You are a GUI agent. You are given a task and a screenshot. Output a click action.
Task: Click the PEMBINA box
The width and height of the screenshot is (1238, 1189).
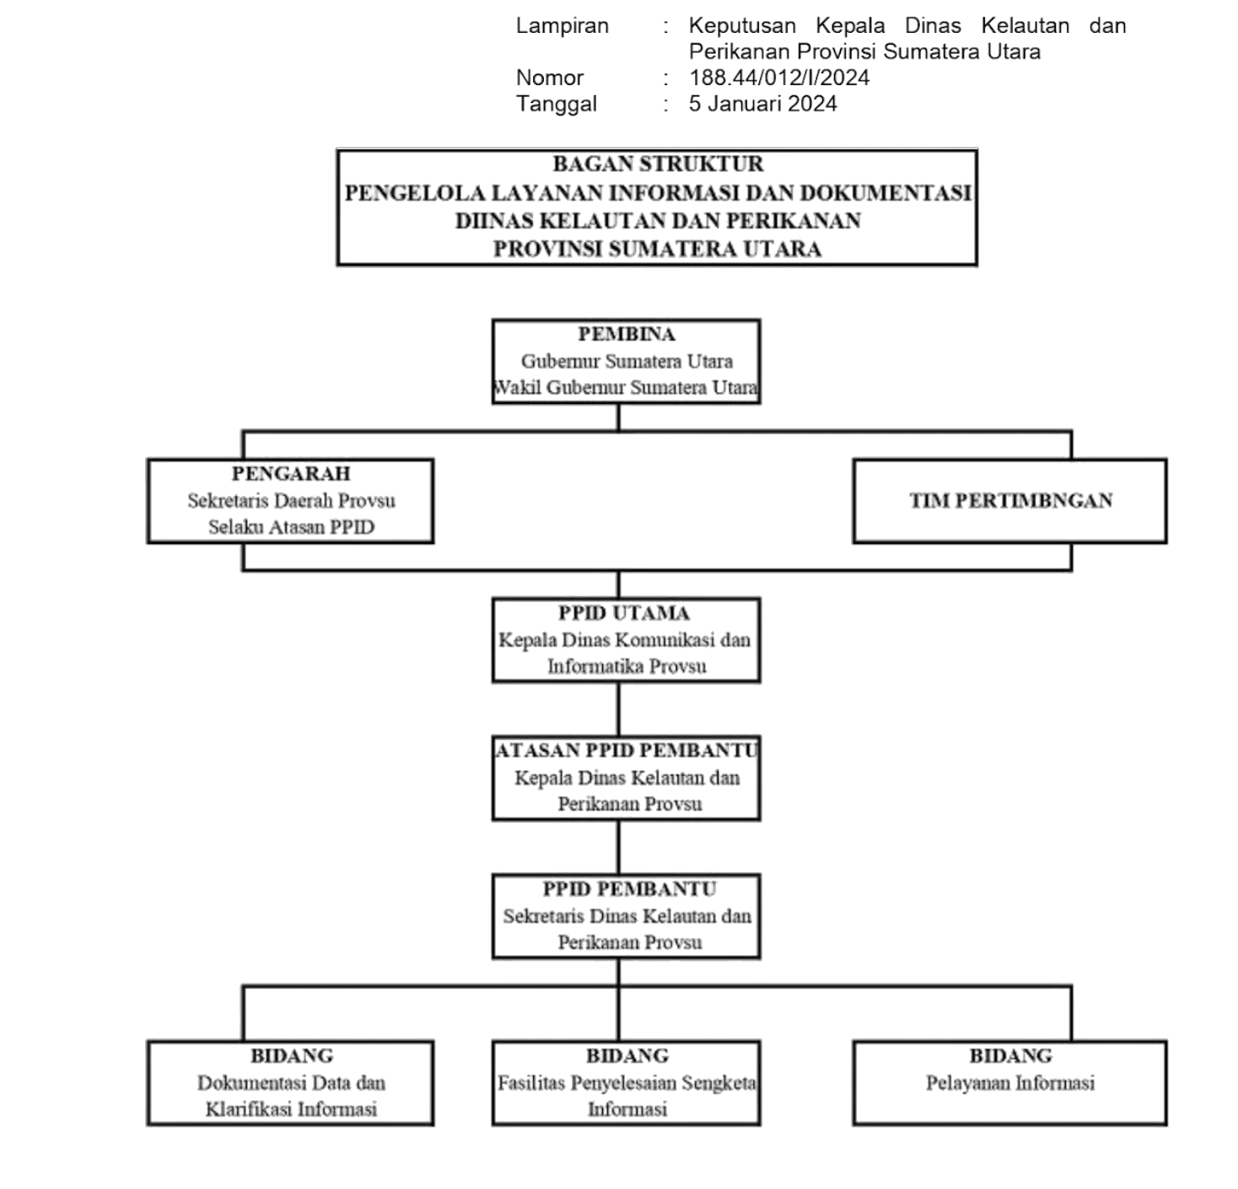(626, 362)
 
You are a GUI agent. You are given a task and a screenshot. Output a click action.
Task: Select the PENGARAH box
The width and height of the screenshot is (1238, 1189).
(291, 501)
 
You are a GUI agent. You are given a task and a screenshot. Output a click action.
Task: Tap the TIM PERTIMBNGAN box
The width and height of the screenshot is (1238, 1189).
(1009, 501)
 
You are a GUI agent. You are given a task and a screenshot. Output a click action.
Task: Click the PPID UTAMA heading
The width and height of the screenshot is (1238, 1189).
(623, 613)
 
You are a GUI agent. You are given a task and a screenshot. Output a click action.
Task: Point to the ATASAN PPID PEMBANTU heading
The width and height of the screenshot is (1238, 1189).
(626, 751)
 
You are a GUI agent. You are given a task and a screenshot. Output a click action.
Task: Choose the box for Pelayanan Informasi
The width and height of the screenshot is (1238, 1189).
(1009, 1084)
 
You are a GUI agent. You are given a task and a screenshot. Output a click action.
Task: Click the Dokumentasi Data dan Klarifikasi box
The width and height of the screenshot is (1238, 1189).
(291, 1084)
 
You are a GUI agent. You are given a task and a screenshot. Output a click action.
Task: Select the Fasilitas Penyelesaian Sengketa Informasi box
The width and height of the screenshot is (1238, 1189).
(626, 1084)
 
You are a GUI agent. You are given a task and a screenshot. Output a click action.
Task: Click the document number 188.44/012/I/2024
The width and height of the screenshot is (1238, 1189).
(779, 78)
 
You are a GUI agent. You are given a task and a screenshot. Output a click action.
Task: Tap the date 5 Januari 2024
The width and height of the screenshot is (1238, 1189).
(762, 104)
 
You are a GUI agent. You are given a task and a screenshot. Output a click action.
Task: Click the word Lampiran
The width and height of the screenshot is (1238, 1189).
(562, 26)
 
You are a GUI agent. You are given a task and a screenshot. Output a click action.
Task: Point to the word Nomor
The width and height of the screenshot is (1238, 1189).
(550, 78)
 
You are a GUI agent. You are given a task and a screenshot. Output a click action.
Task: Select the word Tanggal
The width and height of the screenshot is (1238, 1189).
(557, 105)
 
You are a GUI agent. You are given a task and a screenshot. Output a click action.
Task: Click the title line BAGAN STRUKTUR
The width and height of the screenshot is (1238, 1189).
(658, 164)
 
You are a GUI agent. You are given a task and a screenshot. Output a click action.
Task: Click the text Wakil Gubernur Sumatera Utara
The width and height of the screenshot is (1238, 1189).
(626, 387)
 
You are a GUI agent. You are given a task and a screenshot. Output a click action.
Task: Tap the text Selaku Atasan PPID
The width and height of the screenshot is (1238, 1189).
(292, 527)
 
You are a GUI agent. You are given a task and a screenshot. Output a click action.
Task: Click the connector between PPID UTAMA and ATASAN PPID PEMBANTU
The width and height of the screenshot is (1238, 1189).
(618, 709)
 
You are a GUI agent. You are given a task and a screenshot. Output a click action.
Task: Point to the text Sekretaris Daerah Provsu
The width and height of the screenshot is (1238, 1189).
(292, 501)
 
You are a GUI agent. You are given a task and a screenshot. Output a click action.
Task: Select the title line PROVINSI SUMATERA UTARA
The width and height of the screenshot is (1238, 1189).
(658, 249)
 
